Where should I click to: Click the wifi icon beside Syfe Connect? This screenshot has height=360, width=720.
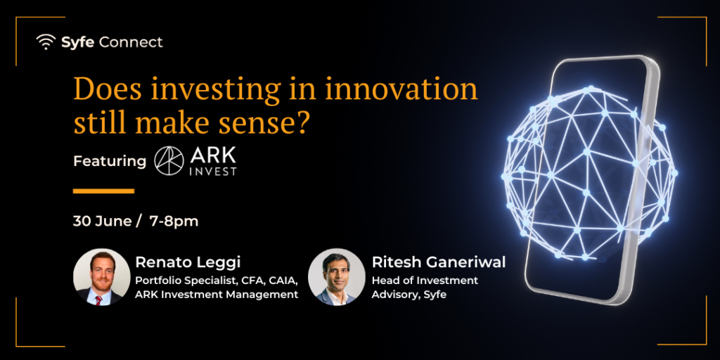tap(46, 42)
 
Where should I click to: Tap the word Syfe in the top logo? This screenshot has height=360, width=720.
tap(78, 43)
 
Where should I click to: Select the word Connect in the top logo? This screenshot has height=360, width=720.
tap(131, 42)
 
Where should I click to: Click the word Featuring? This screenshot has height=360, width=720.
tap(110, 162)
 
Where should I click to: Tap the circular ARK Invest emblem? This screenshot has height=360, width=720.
tap(169, 161)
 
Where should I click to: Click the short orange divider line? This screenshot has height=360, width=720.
tap(104, 191)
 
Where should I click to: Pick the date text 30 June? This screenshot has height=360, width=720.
tap(103, 221)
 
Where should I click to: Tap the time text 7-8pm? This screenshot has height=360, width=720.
tap(174, 221)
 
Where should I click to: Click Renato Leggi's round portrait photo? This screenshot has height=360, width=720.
tap(102, 277)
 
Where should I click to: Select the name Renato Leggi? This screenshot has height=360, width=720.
tap(188, 263)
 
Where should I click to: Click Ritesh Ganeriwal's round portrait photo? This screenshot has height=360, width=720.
tap(337, 277)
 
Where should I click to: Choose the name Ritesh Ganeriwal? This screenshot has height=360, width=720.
tap(439, 262)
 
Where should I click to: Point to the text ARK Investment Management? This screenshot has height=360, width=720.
tap(217, 295)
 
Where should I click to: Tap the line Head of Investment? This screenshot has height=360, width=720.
tap(425, 280)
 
